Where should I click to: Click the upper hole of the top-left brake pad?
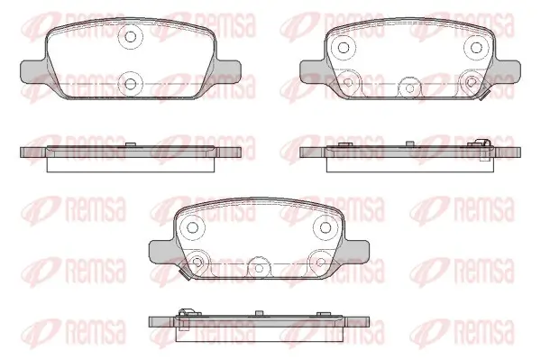tap(130, 36)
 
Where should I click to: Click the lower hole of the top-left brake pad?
tap(130, 84)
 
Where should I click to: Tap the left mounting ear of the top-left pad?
tap(33, 71)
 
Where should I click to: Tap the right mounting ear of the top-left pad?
tap(228, 71)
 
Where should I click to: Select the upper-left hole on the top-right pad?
tap(343, 47)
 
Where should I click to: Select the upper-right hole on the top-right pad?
tap(476, 47)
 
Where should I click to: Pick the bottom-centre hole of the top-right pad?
tap(409, 88)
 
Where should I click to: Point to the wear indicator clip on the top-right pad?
tap(483, 96)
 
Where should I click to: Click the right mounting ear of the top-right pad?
tap(508, 71)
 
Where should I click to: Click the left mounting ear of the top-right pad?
tap(313, 71)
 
